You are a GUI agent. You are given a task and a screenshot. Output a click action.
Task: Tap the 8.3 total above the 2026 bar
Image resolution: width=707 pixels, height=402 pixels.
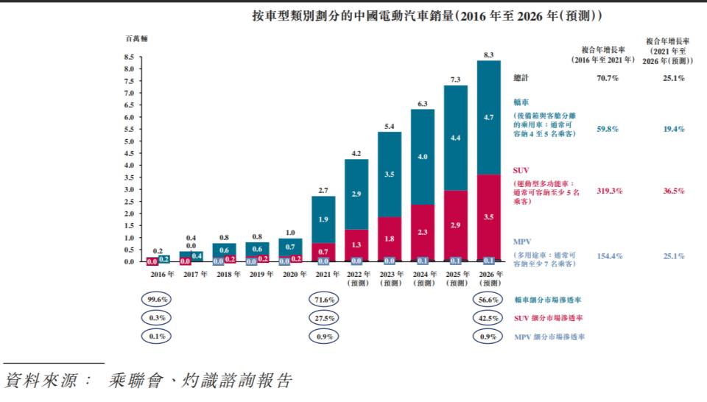pyautogui.click(x=488, y=54)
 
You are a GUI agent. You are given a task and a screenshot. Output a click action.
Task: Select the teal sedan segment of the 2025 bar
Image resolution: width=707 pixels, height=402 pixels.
pyautogui.click(x=456, y=138)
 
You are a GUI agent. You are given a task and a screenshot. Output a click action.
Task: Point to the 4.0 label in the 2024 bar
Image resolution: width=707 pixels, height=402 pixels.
pyautogui.click(x=422, y=157)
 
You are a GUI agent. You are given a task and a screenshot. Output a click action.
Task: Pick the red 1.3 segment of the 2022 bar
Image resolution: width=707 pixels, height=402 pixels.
pyautogui.click(x=356, y=243)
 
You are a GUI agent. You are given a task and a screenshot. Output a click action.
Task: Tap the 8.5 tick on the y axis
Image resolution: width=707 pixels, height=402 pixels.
pyautogui.click(x=129, y=57)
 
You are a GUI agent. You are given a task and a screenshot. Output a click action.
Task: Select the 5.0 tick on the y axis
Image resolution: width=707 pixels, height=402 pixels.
pyautogui.click(x=129, y=141)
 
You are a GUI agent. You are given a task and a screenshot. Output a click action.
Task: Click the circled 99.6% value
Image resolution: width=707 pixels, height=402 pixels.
pyautogui.click(x=156, y=300)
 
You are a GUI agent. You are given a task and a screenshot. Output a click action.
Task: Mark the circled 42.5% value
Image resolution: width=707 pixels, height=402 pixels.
pyautogui.click(x=488, y=318)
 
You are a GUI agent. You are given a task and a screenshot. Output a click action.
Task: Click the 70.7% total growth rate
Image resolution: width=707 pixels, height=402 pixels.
pyautogui.click(x=608, y=77)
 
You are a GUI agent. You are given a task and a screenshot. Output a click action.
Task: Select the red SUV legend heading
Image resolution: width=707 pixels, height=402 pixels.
pyautogui.click(x=521, y=170)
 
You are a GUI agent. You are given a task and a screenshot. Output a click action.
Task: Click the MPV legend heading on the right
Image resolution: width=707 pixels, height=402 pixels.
pyautogui.click(x=523, y=241)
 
